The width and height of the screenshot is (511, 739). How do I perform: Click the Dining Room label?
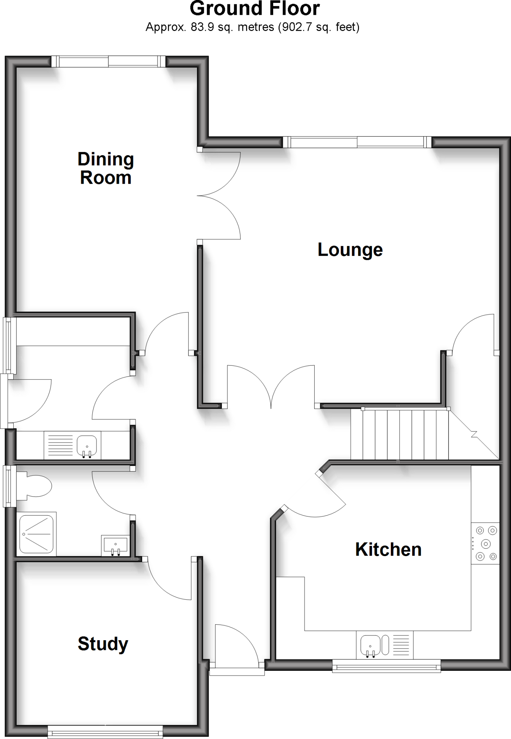[106, 169]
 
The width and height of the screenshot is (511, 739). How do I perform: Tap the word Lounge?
[350, 250]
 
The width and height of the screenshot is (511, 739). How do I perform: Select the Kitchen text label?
[388, 550]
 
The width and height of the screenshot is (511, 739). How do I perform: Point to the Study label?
[103, 644]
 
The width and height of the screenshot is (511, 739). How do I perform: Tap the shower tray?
[36, 534]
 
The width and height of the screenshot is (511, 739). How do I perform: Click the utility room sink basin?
[87, 446]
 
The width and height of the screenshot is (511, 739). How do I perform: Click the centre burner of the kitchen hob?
[486, 544]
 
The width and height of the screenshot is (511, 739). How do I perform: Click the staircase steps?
[399, 434]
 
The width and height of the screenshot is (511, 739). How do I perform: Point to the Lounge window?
[357, 142]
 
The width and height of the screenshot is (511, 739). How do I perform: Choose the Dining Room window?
[108, 61]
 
